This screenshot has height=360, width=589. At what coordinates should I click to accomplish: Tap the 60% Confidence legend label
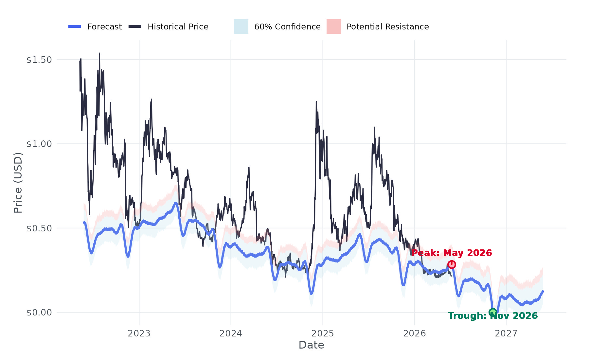287,27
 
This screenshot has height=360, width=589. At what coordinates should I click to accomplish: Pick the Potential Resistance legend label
387,27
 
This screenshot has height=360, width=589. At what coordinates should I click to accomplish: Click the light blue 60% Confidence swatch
241,27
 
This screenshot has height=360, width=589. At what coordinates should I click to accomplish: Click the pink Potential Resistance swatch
334,27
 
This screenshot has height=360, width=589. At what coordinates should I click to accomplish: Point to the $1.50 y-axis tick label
39,60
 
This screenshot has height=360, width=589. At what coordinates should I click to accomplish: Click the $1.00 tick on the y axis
39,144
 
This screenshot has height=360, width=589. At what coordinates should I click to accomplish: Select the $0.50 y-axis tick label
39,228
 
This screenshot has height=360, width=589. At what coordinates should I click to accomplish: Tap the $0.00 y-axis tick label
39,312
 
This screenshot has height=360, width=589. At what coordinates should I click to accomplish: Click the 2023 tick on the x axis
139,333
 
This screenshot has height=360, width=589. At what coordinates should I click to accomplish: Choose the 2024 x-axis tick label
231,333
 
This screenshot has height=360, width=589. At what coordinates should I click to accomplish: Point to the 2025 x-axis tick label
323,333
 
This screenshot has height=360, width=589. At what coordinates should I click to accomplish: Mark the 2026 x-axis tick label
415,333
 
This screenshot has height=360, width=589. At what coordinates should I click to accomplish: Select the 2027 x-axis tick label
506,333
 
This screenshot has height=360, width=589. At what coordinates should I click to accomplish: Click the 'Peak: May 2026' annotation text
452,253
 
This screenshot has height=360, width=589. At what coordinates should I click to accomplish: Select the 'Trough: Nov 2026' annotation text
493,316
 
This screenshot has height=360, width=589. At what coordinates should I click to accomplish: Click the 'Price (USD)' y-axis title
18,183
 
